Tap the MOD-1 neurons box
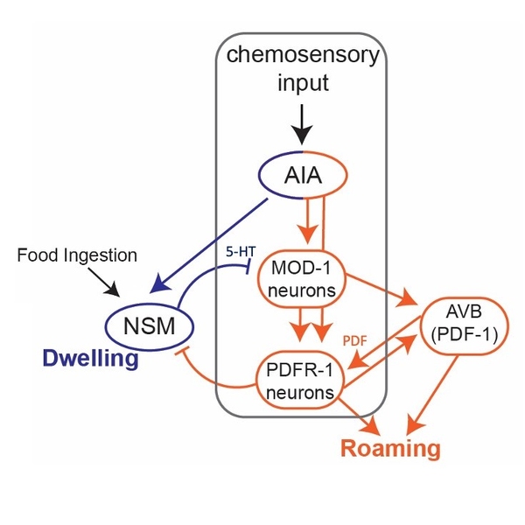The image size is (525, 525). click(x=301, y=282)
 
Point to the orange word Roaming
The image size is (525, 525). click(x=389, y=449)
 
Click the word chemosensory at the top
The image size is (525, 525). click(x=302, y=56)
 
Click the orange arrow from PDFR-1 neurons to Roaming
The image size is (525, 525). click(x=359, y=416)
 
